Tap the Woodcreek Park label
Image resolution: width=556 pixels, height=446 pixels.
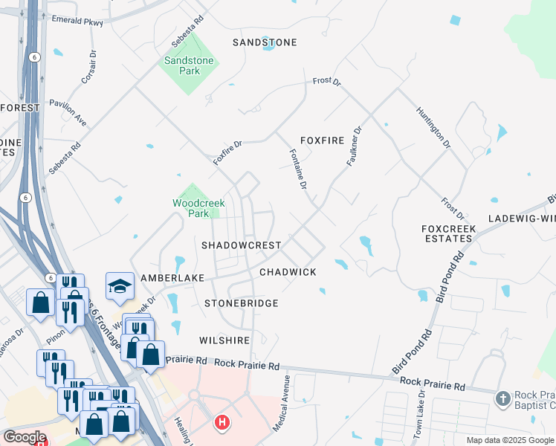198,208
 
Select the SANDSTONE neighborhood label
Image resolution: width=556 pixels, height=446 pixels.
265,42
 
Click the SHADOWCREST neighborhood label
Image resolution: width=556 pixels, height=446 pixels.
242,245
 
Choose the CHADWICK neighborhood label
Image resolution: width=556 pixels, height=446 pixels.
288,273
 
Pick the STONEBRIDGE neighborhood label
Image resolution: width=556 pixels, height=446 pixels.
242,303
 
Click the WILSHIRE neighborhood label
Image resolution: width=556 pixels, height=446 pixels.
224,340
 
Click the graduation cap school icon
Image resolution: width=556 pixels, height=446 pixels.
119,286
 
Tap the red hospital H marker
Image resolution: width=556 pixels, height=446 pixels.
221,424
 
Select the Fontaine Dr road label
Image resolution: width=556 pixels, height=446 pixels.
297,169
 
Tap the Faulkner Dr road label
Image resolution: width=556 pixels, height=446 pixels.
354,146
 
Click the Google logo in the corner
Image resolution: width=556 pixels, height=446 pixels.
25,437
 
